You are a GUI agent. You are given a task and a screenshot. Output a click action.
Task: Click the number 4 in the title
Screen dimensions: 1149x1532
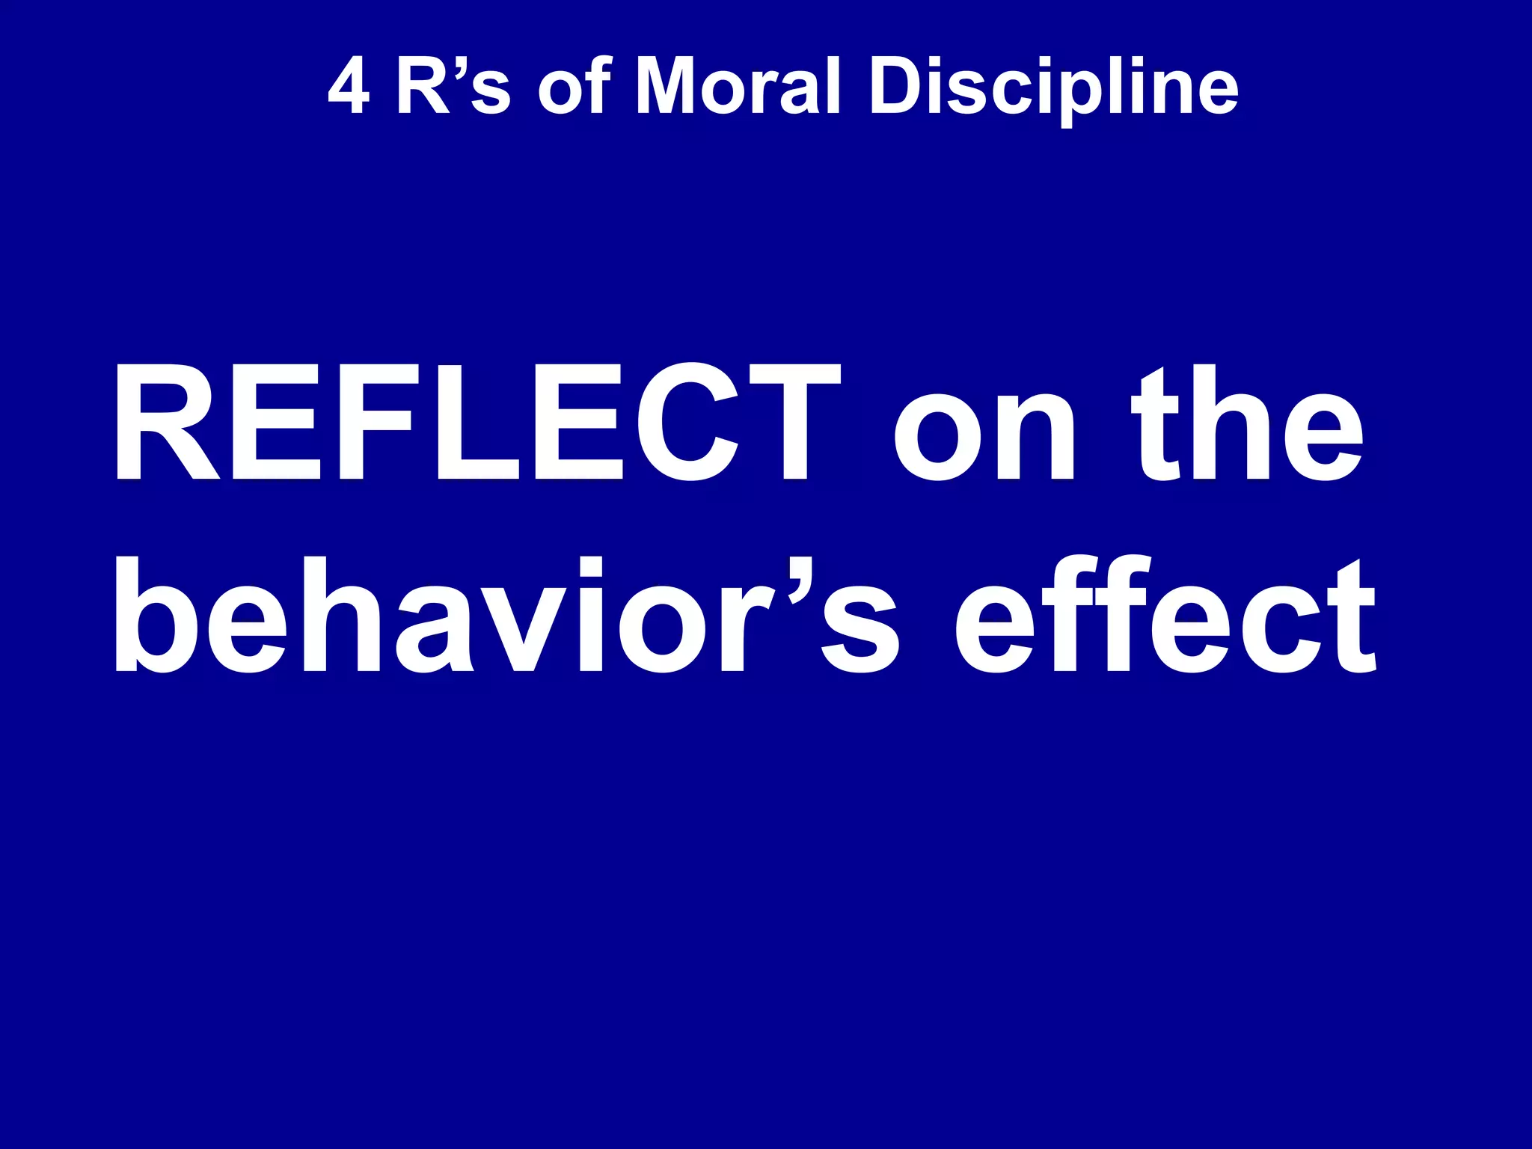coord(349,88)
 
